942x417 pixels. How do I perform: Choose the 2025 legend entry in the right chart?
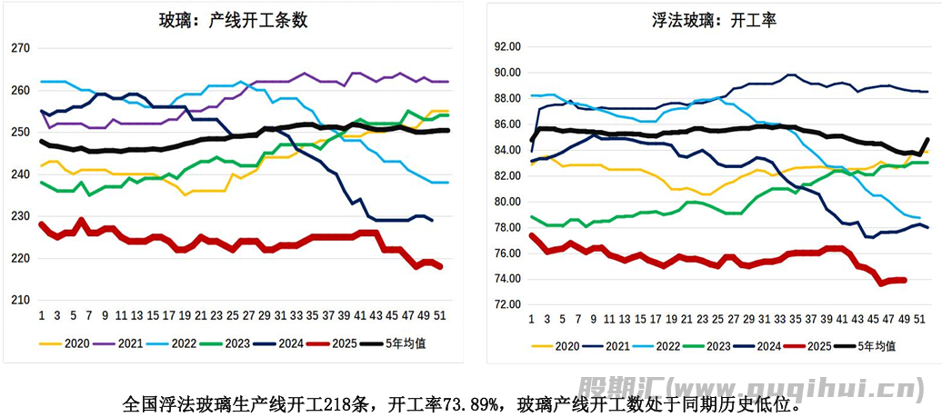[x=821, y=346]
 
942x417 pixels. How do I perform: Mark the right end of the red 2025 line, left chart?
[x=441, y=267]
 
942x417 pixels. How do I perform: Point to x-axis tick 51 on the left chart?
[x=441, y=315]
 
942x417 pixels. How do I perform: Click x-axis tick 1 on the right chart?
[x=532, y=320]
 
